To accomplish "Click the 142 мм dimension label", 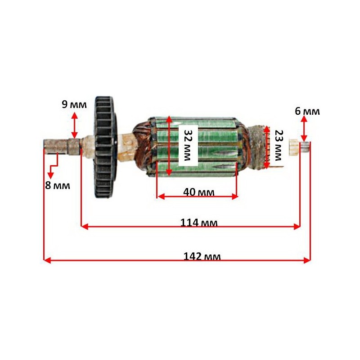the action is pos(202,256).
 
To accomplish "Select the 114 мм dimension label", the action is pos(199,222).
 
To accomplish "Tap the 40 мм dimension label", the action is pos(199,192).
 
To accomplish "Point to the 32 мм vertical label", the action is pos(188,145).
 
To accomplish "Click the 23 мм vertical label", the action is pos(279,145).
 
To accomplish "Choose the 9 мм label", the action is pos(74,104).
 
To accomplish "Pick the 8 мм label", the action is pos(58,185).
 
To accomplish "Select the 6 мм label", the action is pos(307,111).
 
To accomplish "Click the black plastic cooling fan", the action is pos(106,148).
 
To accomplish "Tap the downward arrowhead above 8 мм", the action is pos(50,175).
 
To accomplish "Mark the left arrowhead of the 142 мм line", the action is pos(47,260).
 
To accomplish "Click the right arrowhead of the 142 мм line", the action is pos(307,260).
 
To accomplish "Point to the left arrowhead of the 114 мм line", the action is pos(85,227).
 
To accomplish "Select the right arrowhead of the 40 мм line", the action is pos(234,197).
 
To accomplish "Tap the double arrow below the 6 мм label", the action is pos(304,129).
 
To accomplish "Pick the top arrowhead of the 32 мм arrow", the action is pos(169,119).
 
